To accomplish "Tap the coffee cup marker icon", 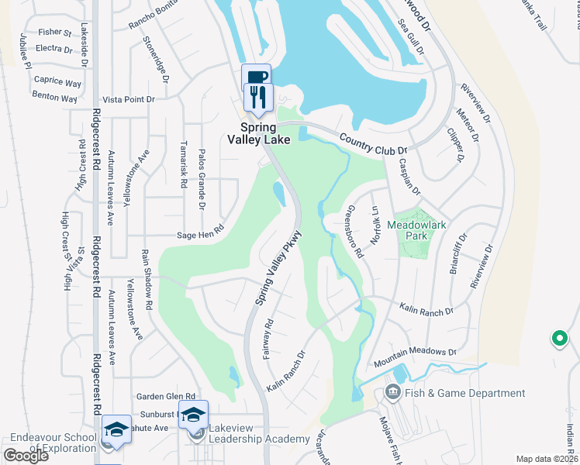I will point(256,77).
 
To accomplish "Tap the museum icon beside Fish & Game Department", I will point(392,394).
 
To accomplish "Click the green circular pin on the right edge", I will point(558,338).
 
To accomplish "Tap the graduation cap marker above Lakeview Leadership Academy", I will point(193,414).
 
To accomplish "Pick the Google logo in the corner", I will point(26,455).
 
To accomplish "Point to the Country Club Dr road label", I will point(373,143).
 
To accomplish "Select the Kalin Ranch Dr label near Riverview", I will point(425,309).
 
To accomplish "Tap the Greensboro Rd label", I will point(354,231).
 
